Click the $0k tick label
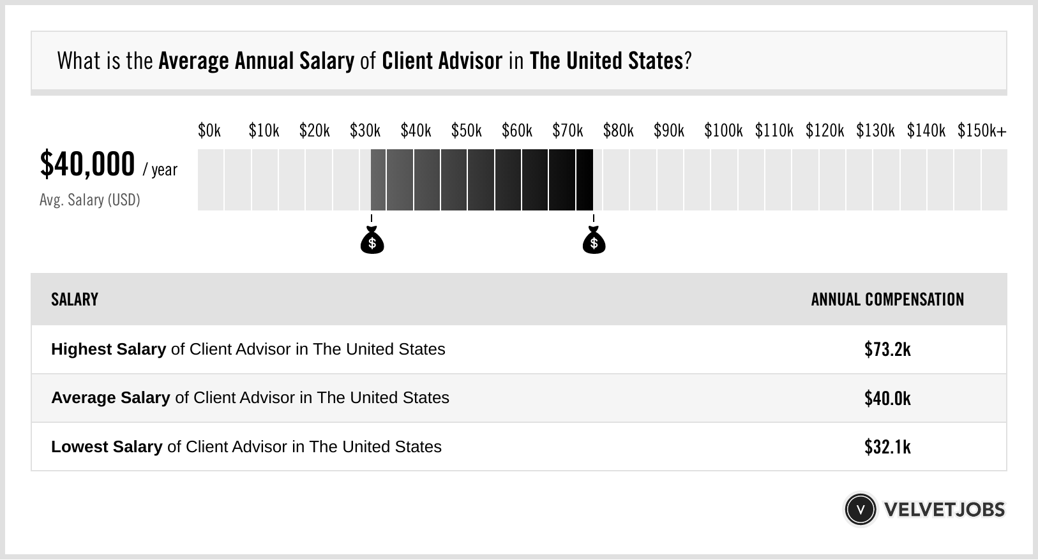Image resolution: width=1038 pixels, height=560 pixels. (209, 131)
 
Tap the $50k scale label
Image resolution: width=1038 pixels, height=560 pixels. (467, 131)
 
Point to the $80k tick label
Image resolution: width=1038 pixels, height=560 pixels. (618, 131)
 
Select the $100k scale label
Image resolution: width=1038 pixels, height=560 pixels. (723, 131)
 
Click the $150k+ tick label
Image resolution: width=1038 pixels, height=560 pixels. (982, 131)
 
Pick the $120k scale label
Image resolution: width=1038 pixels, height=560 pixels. (825, 131)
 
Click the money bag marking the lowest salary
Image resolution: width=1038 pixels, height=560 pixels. (372, 241)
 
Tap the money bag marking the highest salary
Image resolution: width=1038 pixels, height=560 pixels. (594, 241)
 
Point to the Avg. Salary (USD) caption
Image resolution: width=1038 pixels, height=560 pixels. (90, 200)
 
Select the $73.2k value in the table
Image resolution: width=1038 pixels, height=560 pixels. (887, 350)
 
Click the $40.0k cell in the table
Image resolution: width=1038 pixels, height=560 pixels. (887, 398)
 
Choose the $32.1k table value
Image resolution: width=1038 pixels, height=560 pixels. (887, 446)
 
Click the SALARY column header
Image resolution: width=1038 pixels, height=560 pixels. (75, 299)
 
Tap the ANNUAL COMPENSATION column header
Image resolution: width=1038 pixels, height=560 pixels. (887, 299)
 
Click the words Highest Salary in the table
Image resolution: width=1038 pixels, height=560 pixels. (109, 350)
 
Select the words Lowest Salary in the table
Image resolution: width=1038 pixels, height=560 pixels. (107, 446)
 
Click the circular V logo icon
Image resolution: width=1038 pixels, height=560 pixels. (861, 510)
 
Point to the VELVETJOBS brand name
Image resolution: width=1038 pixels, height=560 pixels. (944, 510)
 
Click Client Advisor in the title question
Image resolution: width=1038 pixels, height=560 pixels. (442, 61)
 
